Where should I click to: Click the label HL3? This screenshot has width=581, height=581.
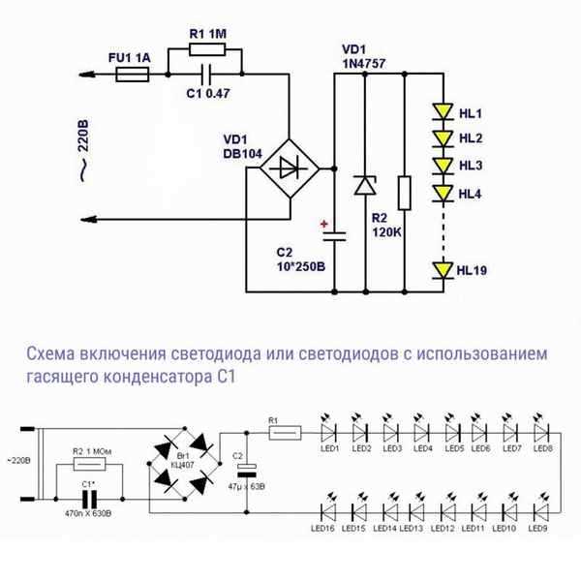point(472,167)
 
